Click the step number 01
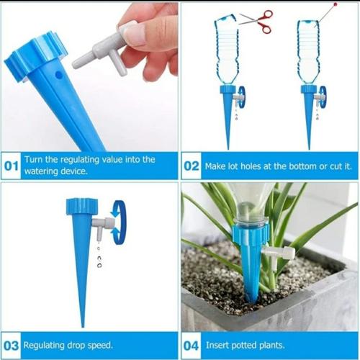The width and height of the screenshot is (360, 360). point(11,166)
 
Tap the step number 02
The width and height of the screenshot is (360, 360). point(192,166)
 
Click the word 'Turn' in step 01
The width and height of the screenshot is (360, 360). point(35,160)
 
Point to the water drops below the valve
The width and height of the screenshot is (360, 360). point(99,257)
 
